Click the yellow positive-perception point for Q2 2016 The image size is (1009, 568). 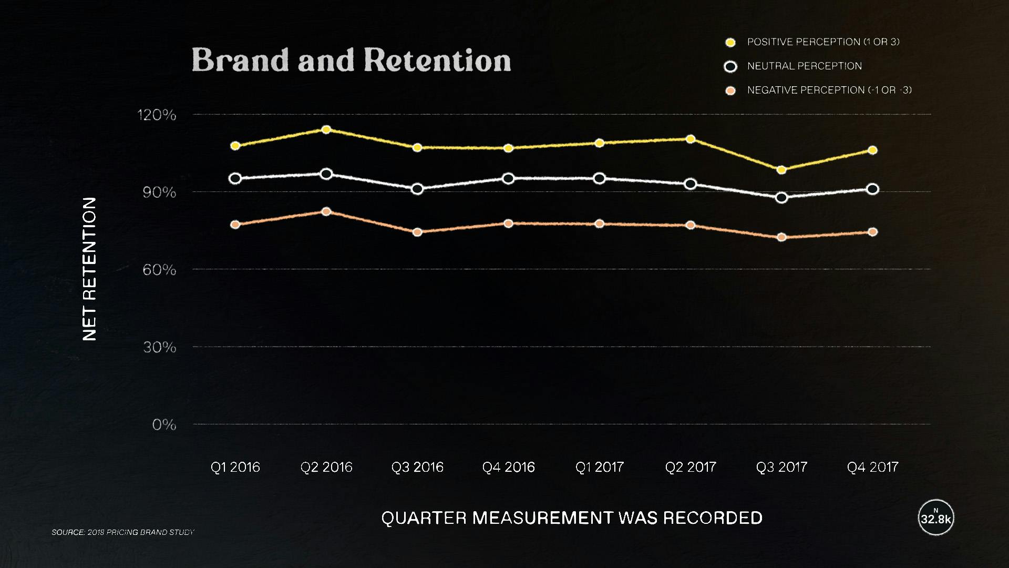click(x=326, y=129)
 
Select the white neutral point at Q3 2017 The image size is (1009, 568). click(x=781, y=198)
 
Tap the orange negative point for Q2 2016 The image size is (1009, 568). click(x=326, y=211)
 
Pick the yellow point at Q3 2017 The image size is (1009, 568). click(x=781, y=170)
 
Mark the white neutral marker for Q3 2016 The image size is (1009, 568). click(x=417, y=189)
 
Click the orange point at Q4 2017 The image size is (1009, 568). click(x=872, y=232)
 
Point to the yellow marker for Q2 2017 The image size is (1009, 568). click(x=691, y=139)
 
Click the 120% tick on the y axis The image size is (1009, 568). click(x=157, y=115)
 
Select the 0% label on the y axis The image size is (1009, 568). click(x=164, y=424)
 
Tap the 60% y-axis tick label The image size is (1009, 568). click(x=159, y=270)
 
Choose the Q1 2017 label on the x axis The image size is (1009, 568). click(x=599, y=467)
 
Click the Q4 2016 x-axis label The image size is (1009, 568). click(x=508, y=467)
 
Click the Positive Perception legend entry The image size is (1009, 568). click(x=823, y=42)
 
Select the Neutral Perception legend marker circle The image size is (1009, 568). click(x=730, y=67)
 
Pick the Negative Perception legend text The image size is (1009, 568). click(x=829, y=90)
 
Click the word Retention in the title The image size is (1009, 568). click(x=437, y=60)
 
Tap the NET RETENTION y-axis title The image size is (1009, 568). click(x=90, y=269)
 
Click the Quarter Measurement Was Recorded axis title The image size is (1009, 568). click(x=572, y=518)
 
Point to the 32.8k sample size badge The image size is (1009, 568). click(x=936, y=518)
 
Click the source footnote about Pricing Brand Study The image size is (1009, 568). click(x=123, y=532)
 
